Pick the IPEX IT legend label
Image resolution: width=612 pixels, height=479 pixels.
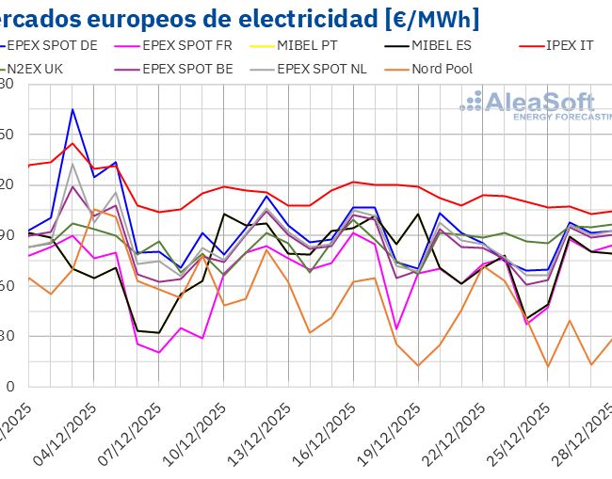point(571,44)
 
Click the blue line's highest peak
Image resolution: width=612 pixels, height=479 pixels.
point(72,110)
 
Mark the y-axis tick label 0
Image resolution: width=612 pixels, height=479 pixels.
point(9,386)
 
